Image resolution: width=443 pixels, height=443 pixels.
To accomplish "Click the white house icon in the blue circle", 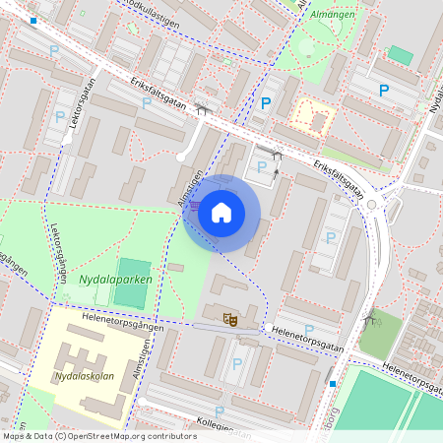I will point(221,213).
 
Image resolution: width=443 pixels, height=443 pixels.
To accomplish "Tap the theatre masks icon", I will point(230,317).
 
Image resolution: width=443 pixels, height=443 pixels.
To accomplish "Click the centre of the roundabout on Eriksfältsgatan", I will point(372,205).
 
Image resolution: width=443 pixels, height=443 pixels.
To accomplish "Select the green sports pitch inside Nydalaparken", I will point(133,275).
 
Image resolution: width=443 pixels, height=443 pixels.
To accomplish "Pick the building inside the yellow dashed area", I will point(317,120).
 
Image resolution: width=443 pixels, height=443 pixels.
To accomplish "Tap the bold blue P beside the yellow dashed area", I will point(265,103).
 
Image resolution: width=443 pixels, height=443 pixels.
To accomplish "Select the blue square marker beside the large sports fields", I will point(333,383).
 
